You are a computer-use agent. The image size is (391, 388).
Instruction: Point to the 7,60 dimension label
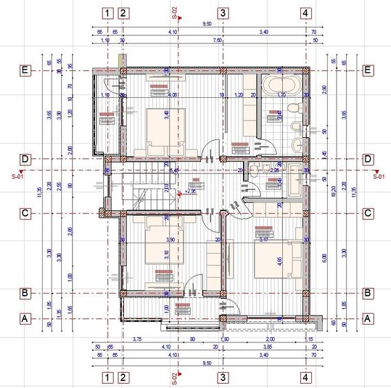pyautogui.click(x=218, y=41)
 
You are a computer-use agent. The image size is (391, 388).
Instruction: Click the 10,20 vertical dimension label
pyautogui.click(x=334, y=187)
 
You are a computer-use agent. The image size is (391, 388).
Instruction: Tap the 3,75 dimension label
pyautogui.click(x=137, y=339)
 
